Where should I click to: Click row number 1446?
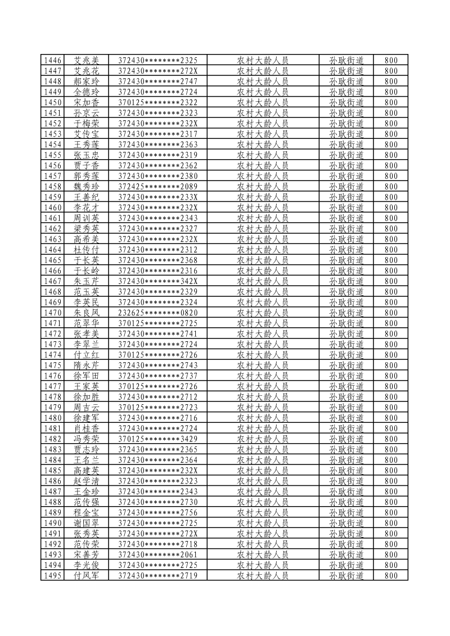click(52, 60)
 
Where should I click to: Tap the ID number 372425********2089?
click(158, 187)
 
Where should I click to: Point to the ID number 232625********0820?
click(158, 313)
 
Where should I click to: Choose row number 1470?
click(52, 313)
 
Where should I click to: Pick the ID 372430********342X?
click(158, 281)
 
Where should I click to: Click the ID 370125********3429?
click(158, 439)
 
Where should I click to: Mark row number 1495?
click(52, 575)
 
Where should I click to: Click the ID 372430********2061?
click(158, 554)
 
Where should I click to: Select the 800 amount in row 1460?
click(391, 208)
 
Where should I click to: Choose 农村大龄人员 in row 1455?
click(263, 155)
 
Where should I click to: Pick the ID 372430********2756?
click(158, 512)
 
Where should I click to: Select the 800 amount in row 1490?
click(391, 523)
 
